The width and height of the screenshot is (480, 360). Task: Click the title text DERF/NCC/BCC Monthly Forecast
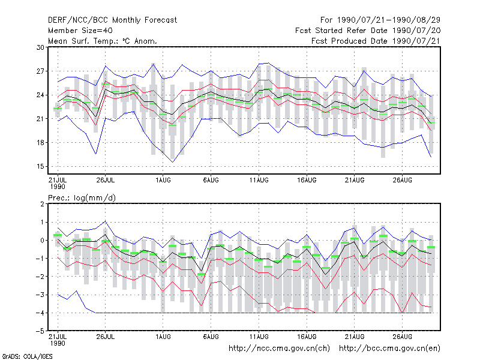[x=112, y=20]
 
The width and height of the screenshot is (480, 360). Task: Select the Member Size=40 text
[x=80, y=31]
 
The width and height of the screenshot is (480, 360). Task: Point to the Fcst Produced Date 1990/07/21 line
[x=376, y=41]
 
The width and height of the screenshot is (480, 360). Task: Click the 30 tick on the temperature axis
[x=40, y=47]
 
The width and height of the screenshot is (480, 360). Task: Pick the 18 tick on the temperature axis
[x=40, y=143]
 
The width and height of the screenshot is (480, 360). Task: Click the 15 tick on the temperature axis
[x=40, y=167]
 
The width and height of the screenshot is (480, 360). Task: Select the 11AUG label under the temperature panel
[x=259, y=180]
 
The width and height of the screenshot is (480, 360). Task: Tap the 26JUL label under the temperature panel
[x=106, y=180]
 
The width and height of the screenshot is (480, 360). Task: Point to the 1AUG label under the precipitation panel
[x=163, y=337]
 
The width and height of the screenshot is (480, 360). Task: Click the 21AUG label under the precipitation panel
[x=355, y=337]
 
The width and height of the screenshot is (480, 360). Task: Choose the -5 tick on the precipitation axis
[x=40, y=331]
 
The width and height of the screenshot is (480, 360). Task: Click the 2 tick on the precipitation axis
[x=42, y=204]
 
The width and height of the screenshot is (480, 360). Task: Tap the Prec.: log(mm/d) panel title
[x=82, y=198]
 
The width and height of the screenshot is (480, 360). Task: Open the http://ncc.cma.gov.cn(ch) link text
[x=279, y=349]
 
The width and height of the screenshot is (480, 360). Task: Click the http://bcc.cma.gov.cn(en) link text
[x=389, y=349]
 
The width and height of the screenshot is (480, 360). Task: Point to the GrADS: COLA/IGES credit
[x=27, y=356]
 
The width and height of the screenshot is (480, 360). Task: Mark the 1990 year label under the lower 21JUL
[x=58, y=343]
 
